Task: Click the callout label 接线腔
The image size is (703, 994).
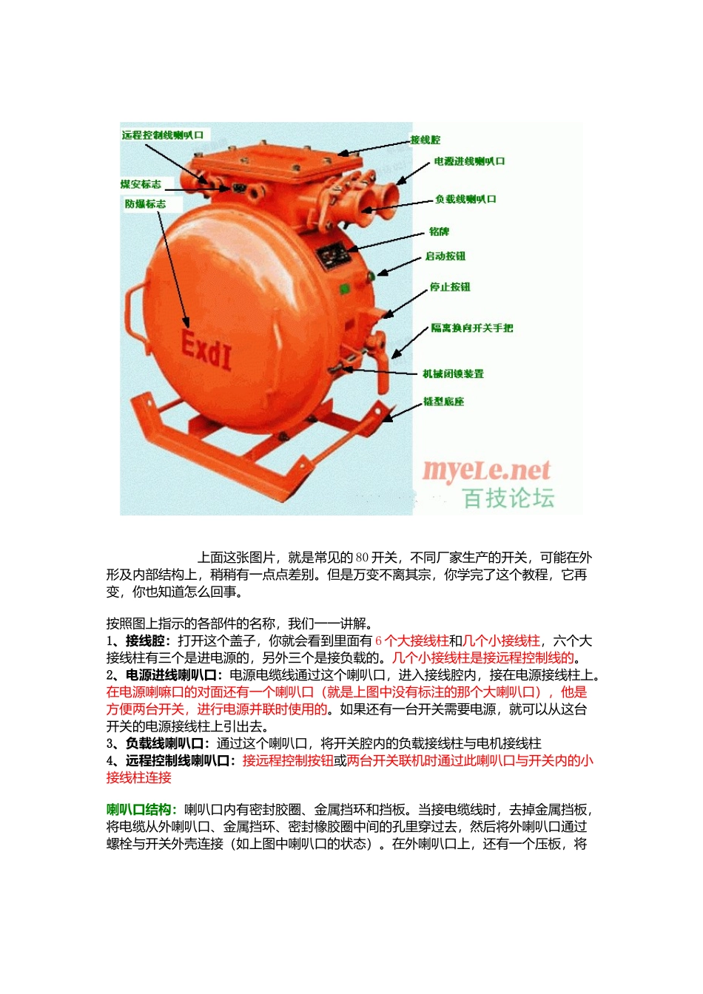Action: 425,140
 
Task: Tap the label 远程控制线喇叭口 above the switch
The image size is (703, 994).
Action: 163,135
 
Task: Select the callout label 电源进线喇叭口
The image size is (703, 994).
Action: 469,161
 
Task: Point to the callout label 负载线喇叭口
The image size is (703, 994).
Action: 465,199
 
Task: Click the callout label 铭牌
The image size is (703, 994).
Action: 439,231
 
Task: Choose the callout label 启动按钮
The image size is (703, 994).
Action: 445,256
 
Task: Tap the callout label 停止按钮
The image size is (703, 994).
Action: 450,287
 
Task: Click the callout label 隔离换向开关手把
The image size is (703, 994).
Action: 471,328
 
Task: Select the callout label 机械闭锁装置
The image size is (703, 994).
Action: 453,373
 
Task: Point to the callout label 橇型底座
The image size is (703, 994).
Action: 443,402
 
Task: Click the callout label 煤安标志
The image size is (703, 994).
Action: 141,184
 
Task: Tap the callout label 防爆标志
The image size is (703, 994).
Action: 145,204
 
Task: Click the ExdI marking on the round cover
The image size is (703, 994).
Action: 206,350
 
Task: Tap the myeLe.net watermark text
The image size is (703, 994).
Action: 486,471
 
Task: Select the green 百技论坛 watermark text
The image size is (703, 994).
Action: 508,498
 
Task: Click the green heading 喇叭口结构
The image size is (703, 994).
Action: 138,810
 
